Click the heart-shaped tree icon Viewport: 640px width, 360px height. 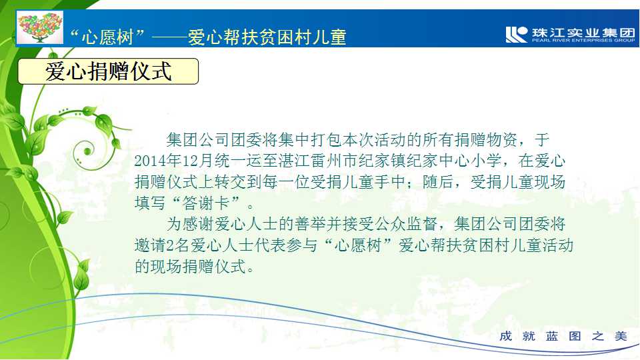[39, 27]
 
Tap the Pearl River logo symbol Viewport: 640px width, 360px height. [516, 34]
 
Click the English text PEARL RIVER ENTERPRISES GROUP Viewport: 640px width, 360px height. [583, 41]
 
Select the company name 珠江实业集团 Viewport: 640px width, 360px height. [583, 32]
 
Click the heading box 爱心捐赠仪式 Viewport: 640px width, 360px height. [108, 71]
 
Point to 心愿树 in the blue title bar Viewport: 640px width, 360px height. [107, 37]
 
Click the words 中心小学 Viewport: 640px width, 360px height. [469, 161]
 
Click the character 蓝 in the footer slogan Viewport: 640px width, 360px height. [552, 336]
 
